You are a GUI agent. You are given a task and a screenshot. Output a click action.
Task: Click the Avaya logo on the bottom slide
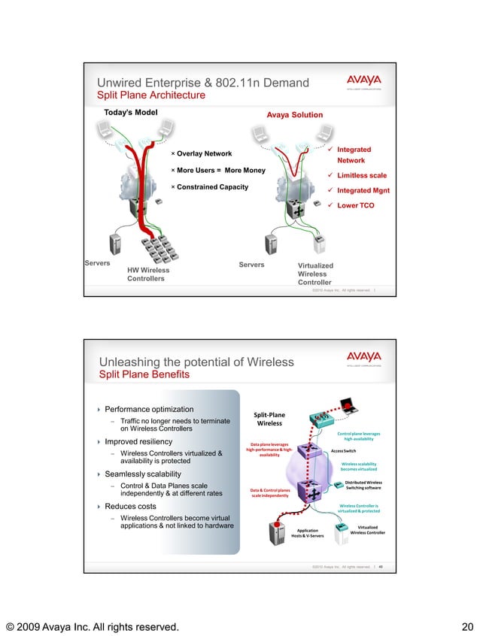[363, 357]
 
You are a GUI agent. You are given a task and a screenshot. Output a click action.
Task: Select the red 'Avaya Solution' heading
[295, 115]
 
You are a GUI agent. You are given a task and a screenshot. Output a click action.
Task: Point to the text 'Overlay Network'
[204, 153]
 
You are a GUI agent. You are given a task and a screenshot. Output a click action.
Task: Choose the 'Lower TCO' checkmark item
[355, 205]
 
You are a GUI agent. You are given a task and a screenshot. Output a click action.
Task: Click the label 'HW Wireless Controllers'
[148, 274]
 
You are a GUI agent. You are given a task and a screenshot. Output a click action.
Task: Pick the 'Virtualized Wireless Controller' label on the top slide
[315, 274]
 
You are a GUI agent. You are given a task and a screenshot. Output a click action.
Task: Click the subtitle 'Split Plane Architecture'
[151, 95]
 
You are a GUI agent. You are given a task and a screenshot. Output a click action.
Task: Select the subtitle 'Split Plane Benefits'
[144, 374]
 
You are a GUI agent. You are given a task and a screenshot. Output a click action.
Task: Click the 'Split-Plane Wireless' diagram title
[269, 419]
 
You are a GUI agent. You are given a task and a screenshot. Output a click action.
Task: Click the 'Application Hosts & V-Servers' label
[308, 533]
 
